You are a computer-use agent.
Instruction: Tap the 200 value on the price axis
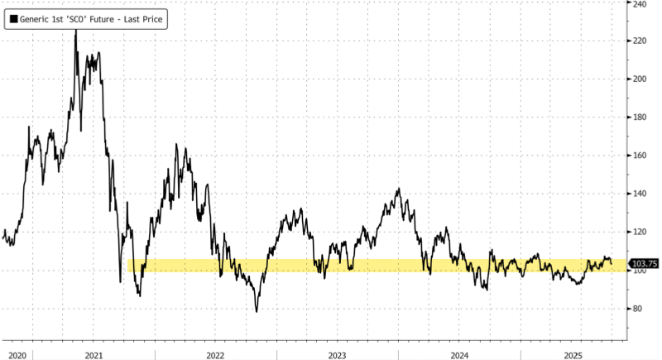point(640,79)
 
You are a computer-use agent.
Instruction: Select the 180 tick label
point(640,117)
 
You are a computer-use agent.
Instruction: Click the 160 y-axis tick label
point(640,155)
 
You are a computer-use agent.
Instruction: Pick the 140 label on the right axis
point(640,194)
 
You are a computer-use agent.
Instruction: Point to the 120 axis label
point(640,232)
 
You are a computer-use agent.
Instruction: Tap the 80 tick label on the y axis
point(638,309)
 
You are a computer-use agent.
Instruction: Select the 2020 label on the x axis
point(17,354)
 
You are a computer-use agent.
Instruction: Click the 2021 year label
point(94,354)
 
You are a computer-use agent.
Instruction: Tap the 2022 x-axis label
point(215,354)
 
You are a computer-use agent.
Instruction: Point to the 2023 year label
point(337,354)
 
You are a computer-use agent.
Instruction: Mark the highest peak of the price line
point(76,31)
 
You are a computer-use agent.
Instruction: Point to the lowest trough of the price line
point(257,311)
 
